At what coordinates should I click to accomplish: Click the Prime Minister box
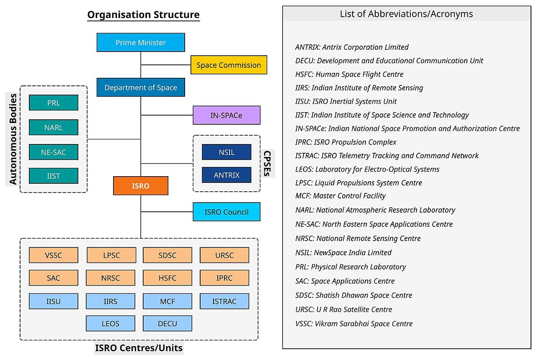141,42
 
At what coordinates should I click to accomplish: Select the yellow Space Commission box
229,65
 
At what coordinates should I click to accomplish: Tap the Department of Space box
141,87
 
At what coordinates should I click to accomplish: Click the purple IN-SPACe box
227,115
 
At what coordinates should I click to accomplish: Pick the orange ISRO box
141,186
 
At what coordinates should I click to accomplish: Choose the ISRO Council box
227,212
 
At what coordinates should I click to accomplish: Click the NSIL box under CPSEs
227,152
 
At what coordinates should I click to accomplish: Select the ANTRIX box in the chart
227,175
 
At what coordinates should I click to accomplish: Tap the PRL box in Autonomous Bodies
54,103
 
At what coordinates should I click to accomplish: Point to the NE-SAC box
54,152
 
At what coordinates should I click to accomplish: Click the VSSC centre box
54,255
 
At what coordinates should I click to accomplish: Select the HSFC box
167,278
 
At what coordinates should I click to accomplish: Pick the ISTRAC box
224,301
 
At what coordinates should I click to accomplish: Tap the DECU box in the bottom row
167,324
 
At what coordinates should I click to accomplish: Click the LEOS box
111,324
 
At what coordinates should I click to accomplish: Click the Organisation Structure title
143,15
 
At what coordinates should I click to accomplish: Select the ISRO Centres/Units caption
139,348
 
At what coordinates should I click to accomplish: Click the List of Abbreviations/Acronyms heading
406,14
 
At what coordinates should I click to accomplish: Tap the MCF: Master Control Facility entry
340,195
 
